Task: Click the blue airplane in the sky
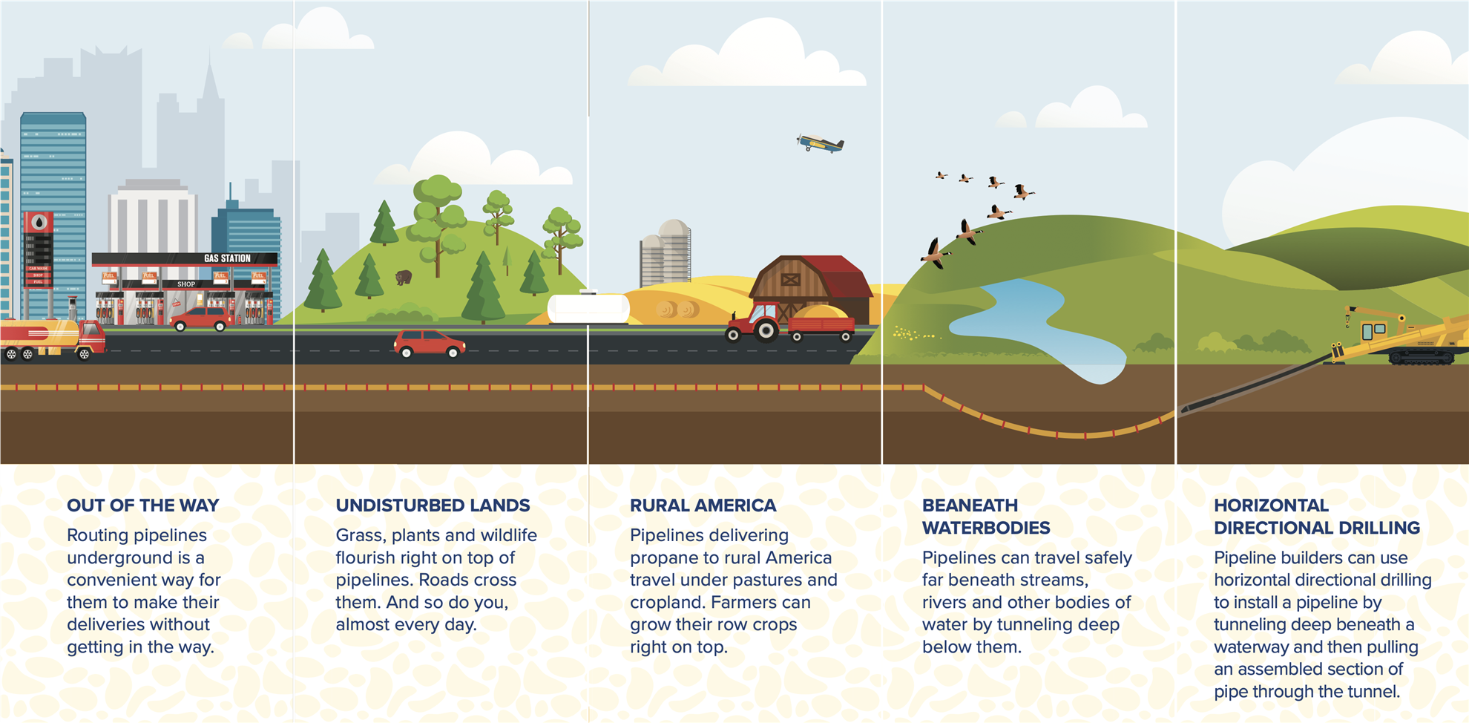tap(821, 143)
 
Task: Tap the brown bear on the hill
tap(404, 278)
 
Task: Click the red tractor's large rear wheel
tap(765, 330)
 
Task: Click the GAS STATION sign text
tap(227, 258)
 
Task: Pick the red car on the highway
tap(429, 344)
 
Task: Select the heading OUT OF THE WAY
tap(142, 506)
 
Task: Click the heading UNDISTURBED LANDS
tap(433, 506)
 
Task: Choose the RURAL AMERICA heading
tap(703, 506)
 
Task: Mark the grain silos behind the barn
tap(666, 252)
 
